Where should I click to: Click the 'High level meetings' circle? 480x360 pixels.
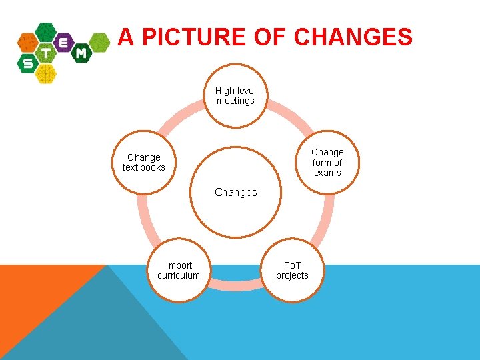click(235, 95)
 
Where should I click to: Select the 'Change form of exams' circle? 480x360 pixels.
click(327, 162)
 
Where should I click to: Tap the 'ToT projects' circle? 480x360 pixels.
click(292, 270)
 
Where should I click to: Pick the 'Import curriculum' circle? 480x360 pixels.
click(178, 270)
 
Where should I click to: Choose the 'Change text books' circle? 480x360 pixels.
click(143, 162)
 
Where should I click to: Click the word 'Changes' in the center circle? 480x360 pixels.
click(235, 192)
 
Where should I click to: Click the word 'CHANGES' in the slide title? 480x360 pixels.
click(353, 37)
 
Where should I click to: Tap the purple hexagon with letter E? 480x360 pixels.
click(64, 41)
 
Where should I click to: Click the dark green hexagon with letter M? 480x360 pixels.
click(81, 53)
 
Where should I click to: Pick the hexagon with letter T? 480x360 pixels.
click(46, 53)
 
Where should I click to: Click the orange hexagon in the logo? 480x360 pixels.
click(28, 43)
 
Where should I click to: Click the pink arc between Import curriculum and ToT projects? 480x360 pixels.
click(235, 285)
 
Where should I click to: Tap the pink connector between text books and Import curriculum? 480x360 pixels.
click(143, 220)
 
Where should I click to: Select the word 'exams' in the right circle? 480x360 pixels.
click(327, 173)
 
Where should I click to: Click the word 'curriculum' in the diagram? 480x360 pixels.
click(178, 275)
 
